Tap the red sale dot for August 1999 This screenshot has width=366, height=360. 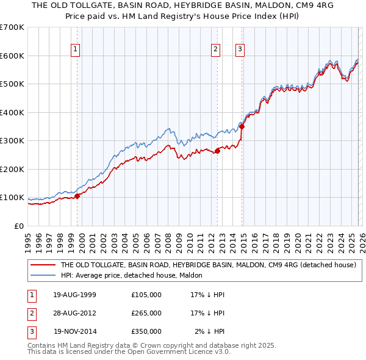tap(77, 196)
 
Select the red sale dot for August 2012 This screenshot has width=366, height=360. tap(217, 150)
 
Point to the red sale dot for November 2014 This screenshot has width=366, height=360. tap(242, 126)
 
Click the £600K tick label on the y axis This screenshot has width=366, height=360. tap(12, 56)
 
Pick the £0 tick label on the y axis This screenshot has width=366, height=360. tap(19, 226)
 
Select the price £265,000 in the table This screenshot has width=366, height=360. tap(146, 313)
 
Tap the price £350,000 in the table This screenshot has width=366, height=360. tap(146, 331)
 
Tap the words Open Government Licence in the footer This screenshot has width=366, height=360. tap(167, 351)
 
